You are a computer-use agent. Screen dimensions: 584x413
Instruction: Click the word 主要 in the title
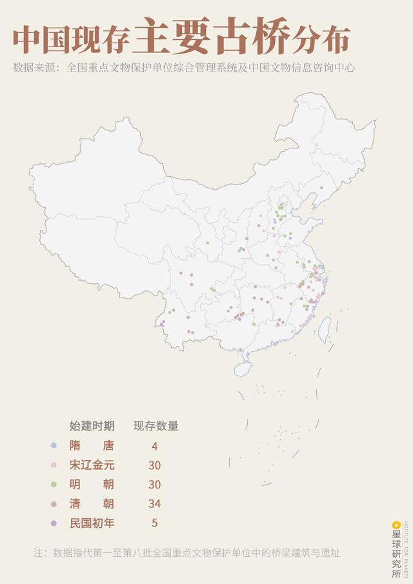coord(174,39)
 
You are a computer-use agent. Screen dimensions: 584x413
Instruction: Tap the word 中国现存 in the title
coord(71,41)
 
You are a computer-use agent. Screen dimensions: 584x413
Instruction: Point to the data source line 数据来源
coord(184,67)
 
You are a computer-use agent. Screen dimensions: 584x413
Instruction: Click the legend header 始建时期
coord(92,426)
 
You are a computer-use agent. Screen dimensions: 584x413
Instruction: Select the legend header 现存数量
coord(156,426)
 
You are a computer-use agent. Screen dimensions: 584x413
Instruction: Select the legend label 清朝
coord(92,503)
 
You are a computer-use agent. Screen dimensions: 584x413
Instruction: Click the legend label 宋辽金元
coord(92,465)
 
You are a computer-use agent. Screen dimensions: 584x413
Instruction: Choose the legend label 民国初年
coord(92,523)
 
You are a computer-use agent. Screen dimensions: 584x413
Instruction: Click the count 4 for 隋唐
coord(154,446)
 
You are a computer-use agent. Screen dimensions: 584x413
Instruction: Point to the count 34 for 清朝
coord(154,504)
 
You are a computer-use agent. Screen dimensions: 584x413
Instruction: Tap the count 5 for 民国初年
coord(154,523)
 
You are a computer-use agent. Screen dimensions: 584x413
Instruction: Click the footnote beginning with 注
coord(187,553)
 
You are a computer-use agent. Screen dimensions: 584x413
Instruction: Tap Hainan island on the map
coord(243,368)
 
